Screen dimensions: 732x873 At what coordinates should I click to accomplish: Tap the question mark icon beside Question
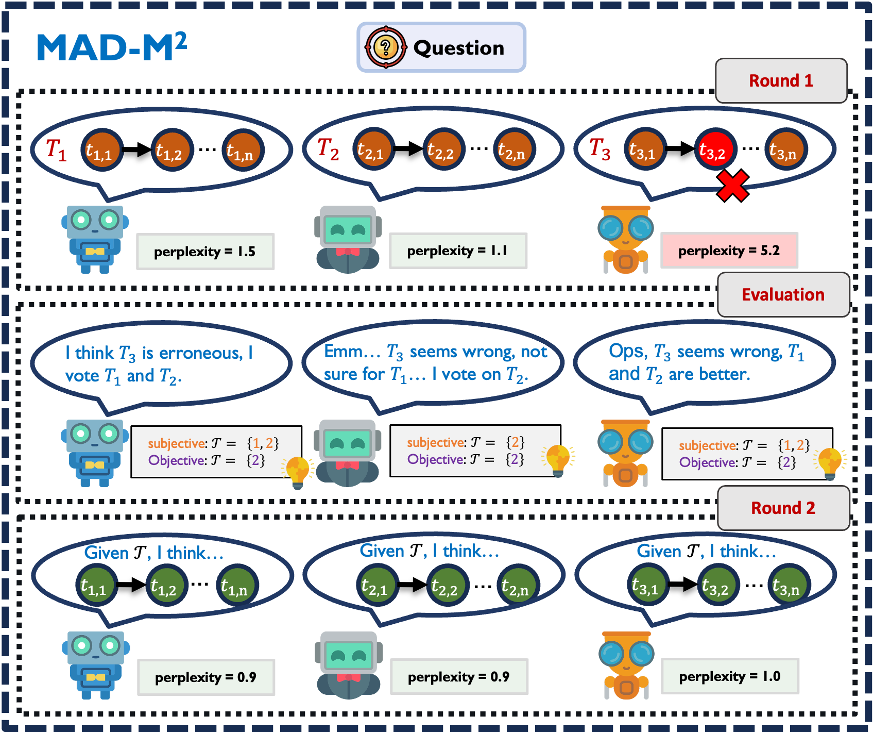tap(385, 47)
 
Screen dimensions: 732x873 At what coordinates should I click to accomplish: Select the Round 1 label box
tap(781, 81)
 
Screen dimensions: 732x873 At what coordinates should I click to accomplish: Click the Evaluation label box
tap(783, 295)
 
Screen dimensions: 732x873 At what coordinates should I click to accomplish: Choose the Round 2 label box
tap(783, 508)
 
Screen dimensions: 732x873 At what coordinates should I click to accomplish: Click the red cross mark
tap(732, 186)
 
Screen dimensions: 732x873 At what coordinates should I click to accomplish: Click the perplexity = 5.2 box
tap(729, 251)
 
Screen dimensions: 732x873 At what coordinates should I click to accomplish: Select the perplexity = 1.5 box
tap(205, 252)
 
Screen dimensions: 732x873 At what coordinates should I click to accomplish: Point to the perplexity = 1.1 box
tap(458, 251)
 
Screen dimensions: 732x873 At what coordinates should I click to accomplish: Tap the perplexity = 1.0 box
tap(730, 676)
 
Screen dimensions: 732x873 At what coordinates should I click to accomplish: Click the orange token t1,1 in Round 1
tap(101, 150)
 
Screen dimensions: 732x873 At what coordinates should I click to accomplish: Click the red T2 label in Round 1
tap(328, 149)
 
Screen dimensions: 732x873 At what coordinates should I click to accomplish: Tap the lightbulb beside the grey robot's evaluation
tap(558, 459)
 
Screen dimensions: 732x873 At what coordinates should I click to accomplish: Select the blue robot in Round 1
tap(95, 239)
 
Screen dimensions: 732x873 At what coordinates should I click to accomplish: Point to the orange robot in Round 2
tap(626, 665)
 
